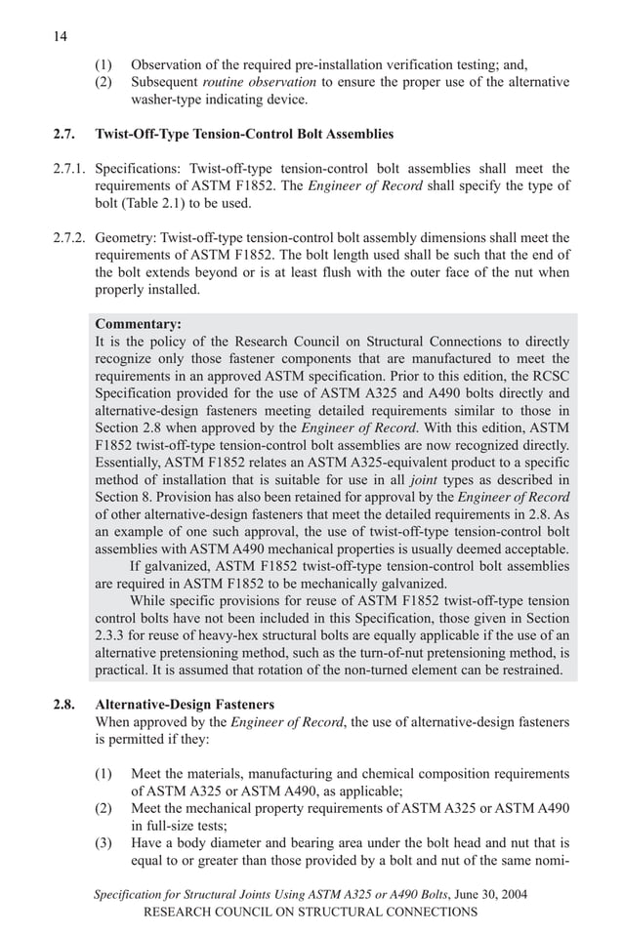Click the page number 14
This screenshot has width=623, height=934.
click(60, 36)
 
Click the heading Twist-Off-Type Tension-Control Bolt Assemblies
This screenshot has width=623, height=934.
click(244, 134)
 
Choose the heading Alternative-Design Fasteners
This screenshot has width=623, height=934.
click(185, 704)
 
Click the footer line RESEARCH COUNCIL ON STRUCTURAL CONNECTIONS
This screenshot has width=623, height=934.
click(311, 912)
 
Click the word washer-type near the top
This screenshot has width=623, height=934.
click(168, 99)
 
